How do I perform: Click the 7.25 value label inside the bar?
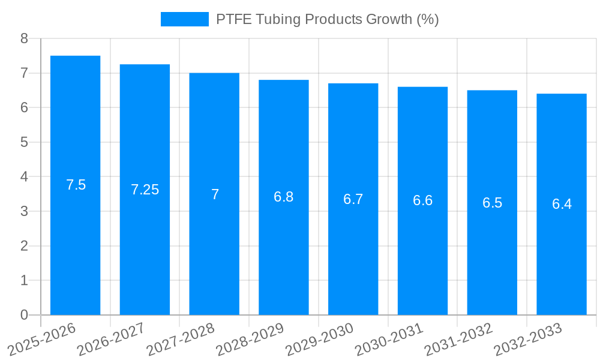tap(145, 190)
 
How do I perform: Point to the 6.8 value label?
tap(284, 197)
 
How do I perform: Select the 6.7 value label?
tap(353, 199)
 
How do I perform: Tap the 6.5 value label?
tap(492, 203)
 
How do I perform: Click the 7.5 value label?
tap(76, 185)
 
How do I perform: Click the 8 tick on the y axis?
tap(24, 38)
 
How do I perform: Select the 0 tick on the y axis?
tap(24, 315)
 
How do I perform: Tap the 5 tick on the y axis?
tap(24, 142)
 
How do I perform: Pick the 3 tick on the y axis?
tap(24, 211)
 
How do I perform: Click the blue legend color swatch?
tap(184, 19)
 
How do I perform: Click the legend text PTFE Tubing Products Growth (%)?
tap(327, 19)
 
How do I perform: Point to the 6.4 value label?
tap(562, 204)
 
